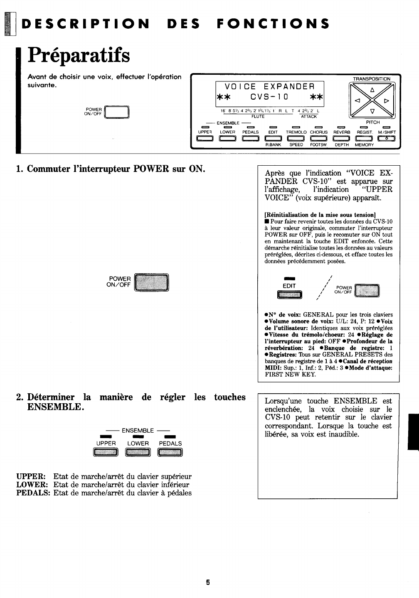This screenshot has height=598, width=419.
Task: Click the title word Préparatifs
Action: [x=79, y=56]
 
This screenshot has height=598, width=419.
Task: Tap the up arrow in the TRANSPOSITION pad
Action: [x=372, y=90]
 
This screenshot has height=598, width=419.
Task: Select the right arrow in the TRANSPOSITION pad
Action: [x=387, y=101]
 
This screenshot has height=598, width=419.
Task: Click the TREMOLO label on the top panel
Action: [x=296, y=132]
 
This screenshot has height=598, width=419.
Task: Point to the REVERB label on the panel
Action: [x=343, y=132]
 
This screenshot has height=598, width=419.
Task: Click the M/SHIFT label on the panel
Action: [x=387, y=132]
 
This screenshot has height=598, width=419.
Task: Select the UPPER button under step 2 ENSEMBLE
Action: [x=106, y=452]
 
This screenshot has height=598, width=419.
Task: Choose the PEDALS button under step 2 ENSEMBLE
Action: [x=170, y=452]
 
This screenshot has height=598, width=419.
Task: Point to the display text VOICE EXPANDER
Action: [x=270, y=86]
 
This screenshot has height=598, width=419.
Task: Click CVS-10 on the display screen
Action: [x=269, y=97]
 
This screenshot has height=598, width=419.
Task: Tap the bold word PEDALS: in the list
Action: [x=33, y=493]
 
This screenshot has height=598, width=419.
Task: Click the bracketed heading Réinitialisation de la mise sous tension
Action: [x=320, y=215]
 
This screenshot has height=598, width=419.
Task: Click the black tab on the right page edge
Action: [x=413, y=432]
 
